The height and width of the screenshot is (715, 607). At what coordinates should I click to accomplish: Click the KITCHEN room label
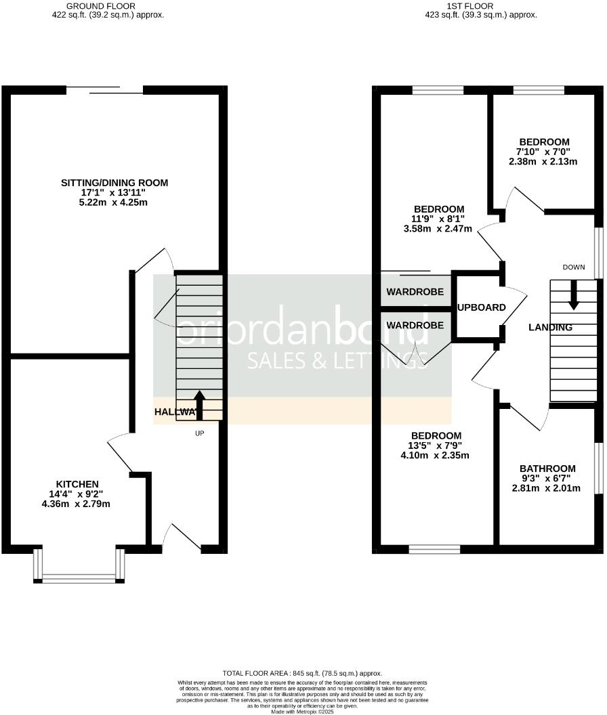coord(77,483)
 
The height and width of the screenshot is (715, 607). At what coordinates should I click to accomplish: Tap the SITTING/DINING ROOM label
coord(114,183)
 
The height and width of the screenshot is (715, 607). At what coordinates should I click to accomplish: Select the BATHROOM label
coord(547,469)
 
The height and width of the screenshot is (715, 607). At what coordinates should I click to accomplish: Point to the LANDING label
coord(550,328)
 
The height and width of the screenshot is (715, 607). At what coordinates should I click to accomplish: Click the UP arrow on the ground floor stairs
coord(199,402)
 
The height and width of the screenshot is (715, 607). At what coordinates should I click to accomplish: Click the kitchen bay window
coord(79,578)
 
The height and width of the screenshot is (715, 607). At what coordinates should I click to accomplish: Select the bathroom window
coord(598,469)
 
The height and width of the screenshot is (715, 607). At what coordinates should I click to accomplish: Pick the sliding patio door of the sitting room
coord(104,89)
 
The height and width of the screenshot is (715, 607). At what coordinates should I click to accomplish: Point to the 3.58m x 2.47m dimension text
coord(439,229)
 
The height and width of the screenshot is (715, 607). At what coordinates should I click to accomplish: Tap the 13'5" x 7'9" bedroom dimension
coord(439,446)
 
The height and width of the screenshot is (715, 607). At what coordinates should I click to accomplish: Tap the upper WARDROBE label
coord(415,292)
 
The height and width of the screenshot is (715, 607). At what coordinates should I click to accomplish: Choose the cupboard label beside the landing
coord(482,307)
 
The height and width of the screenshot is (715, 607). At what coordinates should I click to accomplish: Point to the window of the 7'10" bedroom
coord(539,89)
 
